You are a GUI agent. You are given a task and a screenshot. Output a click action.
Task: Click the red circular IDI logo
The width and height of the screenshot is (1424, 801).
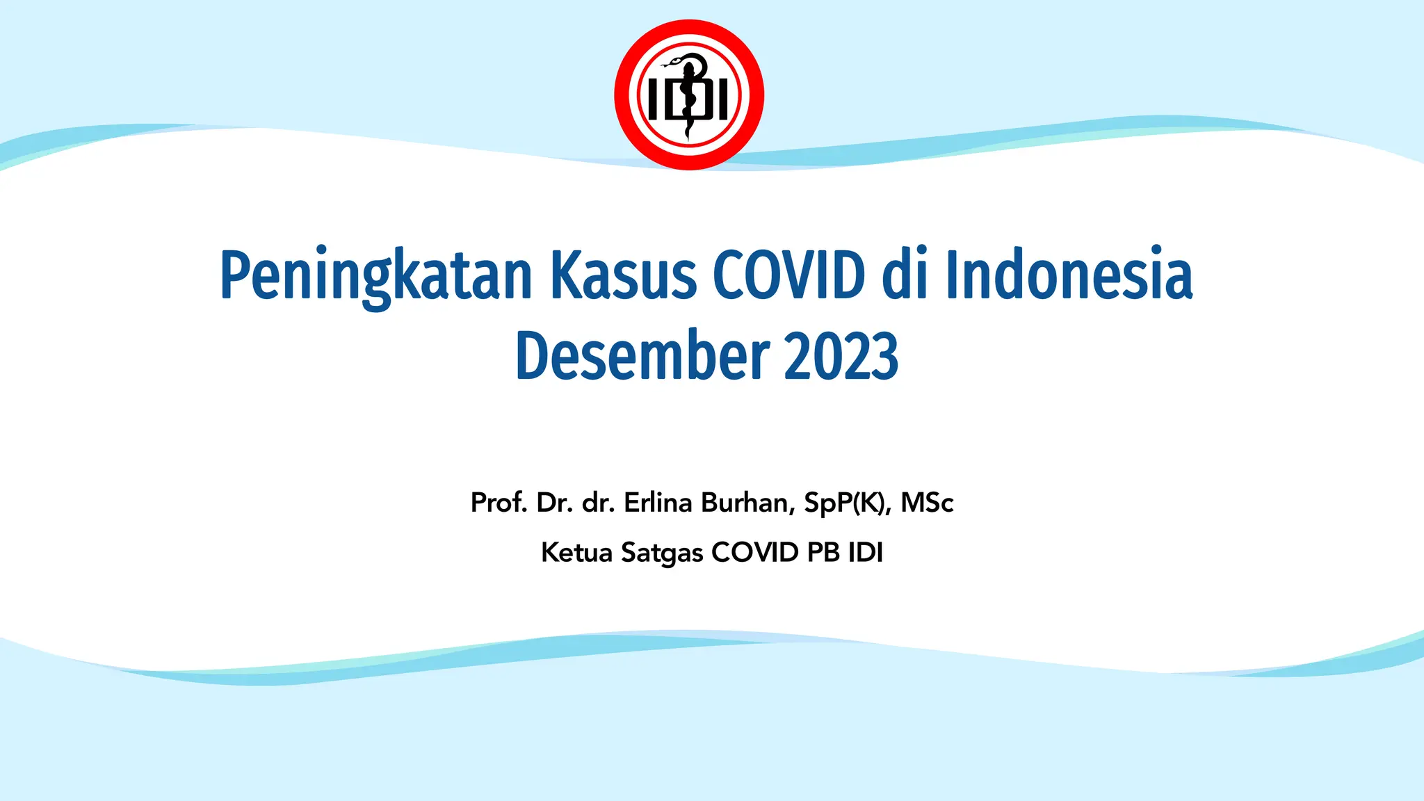[689, 95]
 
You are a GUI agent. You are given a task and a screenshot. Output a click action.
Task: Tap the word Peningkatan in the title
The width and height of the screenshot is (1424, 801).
[376, 276]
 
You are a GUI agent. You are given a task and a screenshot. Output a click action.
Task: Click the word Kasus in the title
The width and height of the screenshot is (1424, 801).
[624, 275]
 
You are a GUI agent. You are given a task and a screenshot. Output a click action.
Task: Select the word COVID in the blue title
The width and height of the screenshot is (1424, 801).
[789, 275]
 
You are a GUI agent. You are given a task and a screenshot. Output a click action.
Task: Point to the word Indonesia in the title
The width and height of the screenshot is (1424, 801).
[1069, 275]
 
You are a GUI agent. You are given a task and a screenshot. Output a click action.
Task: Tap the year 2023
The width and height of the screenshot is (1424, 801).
[841, 356]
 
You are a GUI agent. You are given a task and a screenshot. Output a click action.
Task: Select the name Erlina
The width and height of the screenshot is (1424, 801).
[658, 502]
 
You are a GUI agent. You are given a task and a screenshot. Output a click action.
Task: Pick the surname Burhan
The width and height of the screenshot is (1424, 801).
[747, 502]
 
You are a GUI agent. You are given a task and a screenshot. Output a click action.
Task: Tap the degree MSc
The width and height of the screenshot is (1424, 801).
[927, 502]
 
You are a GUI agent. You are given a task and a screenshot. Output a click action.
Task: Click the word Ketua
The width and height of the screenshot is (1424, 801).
[576, 553]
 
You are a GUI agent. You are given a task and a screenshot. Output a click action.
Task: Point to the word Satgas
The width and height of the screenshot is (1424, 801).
[662, 553]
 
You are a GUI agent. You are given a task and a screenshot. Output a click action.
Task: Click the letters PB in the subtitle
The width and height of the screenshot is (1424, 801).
[823, 552]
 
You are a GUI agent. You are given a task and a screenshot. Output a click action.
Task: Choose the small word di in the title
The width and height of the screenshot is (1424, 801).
[905, 275]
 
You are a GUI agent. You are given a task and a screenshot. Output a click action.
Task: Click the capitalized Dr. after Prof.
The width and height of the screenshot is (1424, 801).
[554, 502]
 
